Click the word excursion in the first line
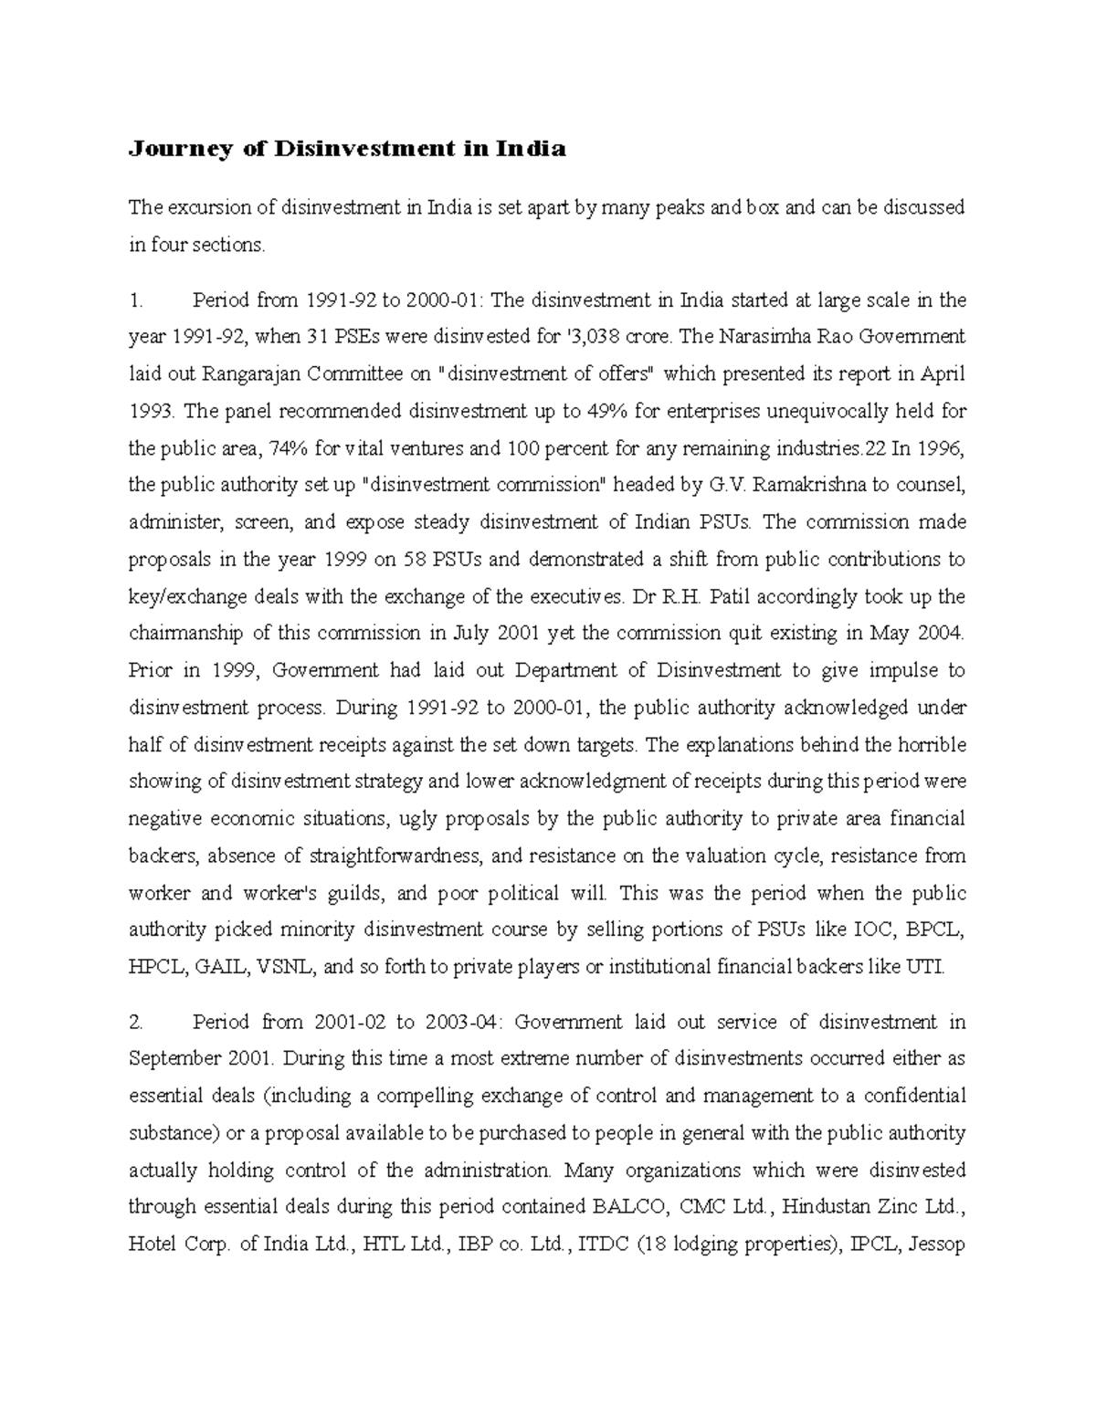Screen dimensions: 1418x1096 coord(206,208)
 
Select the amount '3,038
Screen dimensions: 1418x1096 coord(594,338)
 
